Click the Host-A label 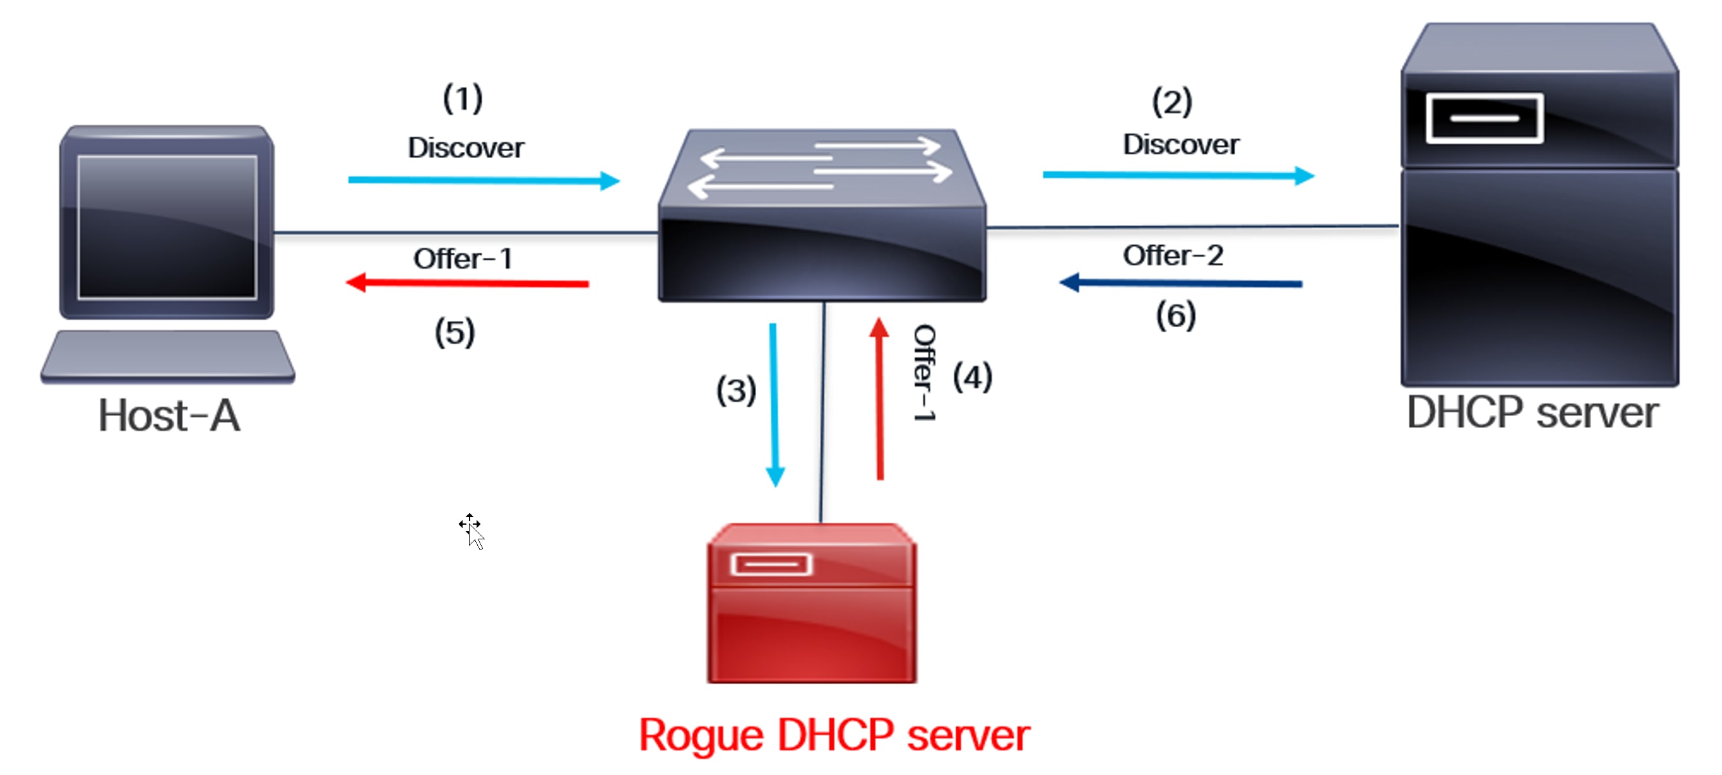coord(168,415)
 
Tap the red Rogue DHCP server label coord(834,735)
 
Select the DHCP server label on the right coord(1532,412)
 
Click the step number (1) coord(463,98)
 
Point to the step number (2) coord(1171,102)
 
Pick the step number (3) coord(735,390)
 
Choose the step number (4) coord(972,377)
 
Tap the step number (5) coord(454,332)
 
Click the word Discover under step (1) coord(466,147)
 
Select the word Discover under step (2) coord(1181,144)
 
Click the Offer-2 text coord(1172,255)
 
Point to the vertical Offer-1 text coord(924,373)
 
